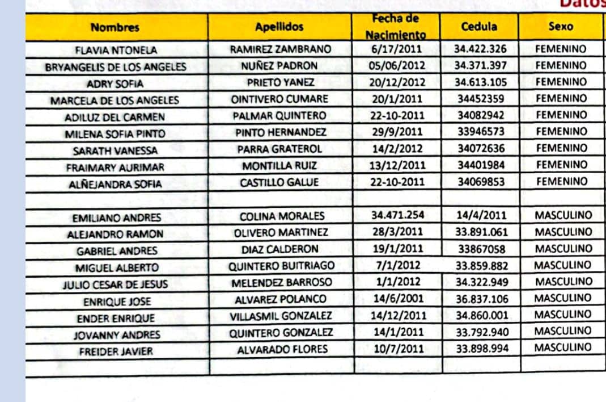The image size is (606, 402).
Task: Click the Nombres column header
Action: pos(115,27)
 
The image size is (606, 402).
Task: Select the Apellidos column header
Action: pos(279,27)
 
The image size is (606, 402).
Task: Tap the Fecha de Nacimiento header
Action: pos(395,27)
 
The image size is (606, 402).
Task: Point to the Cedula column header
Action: pos(479,26)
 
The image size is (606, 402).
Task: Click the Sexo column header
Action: pos(561,26)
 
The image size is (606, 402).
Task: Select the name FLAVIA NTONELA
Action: pos(116,50)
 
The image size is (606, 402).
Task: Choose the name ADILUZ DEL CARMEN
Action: pos(115,118)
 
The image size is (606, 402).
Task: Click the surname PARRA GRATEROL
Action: pos(279,149)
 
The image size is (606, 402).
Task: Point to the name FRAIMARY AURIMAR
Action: pos(115,168)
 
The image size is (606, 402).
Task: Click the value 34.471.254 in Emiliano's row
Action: pos(397,215)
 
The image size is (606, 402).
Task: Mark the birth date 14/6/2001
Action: pos(397,299)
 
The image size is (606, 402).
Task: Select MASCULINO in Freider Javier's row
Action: pos(563,347)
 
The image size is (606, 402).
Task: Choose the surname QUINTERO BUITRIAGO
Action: pos(281,266)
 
